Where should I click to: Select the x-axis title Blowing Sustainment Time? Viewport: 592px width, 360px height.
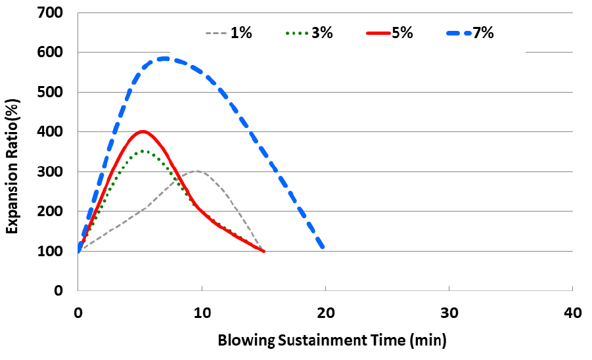[332, 340]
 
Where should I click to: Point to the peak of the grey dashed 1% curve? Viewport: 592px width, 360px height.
[196, 171]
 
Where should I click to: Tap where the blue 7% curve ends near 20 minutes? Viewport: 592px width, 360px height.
[323, 247]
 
